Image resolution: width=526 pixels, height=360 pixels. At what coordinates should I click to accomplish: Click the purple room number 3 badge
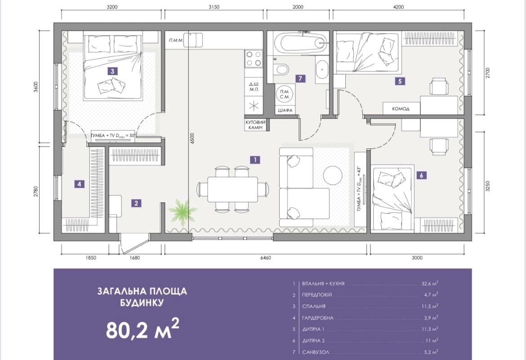tap(112, 71)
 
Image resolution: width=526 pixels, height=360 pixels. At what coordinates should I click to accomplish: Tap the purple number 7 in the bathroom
tap(300, 79)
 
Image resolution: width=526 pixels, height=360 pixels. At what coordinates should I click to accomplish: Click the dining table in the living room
tap(233, 189)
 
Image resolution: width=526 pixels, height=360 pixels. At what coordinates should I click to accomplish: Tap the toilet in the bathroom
tap(281, 70)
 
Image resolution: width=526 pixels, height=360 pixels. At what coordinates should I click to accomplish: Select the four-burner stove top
tap(253, 58)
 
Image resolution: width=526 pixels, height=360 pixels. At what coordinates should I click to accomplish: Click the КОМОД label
tap(401, 109)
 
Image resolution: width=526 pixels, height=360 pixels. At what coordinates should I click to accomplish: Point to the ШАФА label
tap(285, 110)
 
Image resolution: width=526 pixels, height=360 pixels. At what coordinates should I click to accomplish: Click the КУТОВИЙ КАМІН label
tap(255, 125)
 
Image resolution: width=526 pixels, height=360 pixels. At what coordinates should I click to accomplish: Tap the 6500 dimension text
tap(192, 139)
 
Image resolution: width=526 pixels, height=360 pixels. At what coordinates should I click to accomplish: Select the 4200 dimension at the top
tap(398, 7)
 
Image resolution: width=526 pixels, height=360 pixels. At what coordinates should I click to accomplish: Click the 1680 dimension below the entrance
tap(134, 258)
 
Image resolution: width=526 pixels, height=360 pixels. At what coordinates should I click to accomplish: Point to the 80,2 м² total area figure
tap(143, 329)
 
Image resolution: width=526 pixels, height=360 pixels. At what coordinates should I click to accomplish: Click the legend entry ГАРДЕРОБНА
tap(318, 318)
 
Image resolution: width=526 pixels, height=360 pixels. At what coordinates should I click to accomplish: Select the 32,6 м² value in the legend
tap(430, 284)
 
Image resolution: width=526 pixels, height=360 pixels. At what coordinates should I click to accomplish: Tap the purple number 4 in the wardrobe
tap(80, 184)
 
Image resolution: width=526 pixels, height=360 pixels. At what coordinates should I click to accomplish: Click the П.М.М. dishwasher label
tap(176, 40)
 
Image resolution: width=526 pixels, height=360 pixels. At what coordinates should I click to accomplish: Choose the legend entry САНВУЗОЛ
tap(316, 352)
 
